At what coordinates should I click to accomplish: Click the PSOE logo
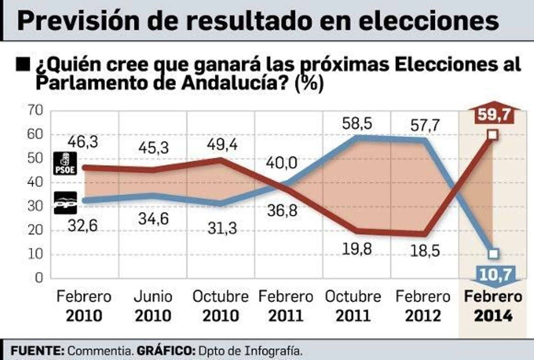tap(65, 163)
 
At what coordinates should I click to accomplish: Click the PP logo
tap(65, 203)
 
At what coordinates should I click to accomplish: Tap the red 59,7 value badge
tap(494, 114)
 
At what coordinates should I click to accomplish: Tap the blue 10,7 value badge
tap(495, 275)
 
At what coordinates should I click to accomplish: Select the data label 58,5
tap(357, 124)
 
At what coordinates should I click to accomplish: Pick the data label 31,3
tap(222, 229)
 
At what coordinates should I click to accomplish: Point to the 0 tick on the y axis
tap(39, 278)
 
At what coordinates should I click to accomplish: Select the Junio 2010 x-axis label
tap(153, 306)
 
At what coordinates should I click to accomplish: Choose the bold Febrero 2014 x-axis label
tap(493, 306)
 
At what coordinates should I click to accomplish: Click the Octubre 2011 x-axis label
tap(353, 306)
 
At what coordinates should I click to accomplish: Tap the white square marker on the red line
tap(493, 135)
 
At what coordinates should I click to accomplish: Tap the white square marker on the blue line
tap(493, 254)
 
